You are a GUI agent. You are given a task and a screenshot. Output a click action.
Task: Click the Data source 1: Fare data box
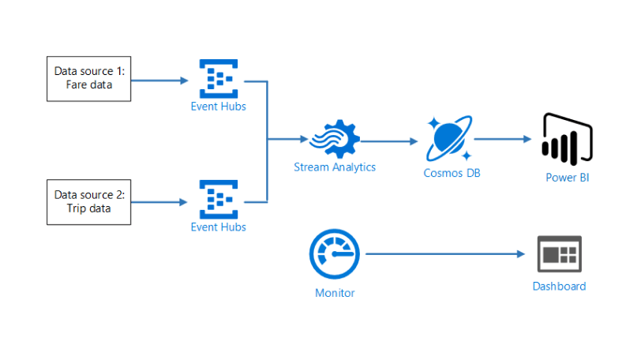(x=88, y=78)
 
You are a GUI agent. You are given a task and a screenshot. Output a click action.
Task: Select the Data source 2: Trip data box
(x=88, y=201)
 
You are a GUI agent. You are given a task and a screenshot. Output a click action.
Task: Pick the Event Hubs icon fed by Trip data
(x=218, y=201)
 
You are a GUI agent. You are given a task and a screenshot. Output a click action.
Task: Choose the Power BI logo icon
(x=567, y=140)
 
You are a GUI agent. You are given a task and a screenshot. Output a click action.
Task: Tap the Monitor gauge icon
(x=335, y=254)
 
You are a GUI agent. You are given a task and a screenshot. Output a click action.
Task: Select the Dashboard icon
(x=559, y=254)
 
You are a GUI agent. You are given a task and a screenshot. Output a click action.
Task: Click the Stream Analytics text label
(x=335, y=167)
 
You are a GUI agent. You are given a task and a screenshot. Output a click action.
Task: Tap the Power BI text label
(x=567, y=177)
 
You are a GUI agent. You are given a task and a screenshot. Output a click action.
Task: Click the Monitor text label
(x=335, y=293)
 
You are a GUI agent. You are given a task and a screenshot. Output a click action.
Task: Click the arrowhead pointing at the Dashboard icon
(x=521, y=254)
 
